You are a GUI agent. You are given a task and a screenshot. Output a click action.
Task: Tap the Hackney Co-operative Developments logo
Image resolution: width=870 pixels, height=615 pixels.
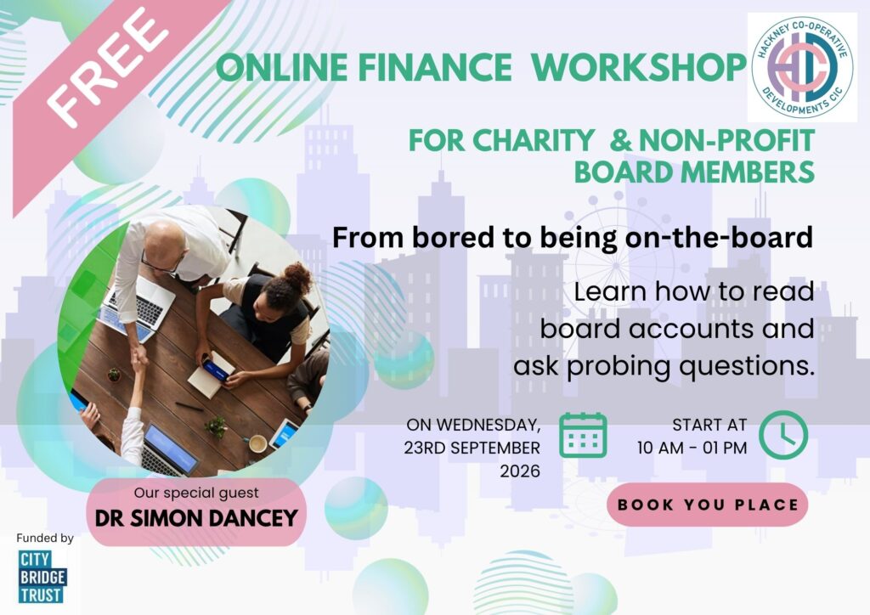(802, 67)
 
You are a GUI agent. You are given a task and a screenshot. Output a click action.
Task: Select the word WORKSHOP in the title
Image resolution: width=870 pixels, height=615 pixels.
(638, 67)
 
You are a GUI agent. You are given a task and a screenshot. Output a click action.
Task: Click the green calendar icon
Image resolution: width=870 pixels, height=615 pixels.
(583, 435)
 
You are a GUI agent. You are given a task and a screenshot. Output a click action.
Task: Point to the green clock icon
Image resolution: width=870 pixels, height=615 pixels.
(783, 435)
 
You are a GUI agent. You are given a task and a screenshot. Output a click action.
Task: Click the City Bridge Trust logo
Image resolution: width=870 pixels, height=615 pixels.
(42, 577)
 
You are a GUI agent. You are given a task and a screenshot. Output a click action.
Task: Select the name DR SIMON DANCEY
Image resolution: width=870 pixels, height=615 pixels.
(196, 518)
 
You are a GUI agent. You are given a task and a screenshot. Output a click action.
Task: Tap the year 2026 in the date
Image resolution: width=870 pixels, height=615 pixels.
(520, 471)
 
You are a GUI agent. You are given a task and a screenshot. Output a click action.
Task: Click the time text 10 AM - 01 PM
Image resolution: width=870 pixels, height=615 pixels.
(692, 448)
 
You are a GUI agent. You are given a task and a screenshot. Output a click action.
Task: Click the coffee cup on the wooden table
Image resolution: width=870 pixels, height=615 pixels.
(257, 443)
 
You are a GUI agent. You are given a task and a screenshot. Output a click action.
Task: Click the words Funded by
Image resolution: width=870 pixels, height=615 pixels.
(45, 538)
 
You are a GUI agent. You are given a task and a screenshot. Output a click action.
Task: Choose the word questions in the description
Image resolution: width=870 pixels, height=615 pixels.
(747, 367)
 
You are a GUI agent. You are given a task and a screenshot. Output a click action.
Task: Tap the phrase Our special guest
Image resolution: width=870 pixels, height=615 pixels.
(196, 493)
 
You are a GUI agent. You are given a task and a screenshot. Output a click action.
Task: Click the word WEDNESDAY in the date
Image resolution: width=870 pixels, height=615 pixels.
(489, 426)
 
